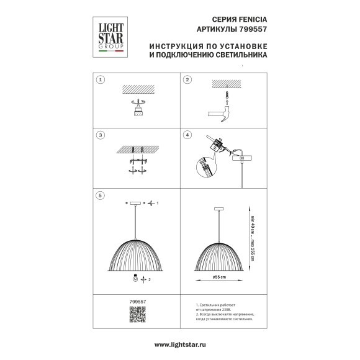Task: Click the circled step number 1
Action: [101, 81]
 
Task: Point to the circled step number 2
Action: [186, 81]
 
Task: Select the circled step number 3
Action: [101, 135]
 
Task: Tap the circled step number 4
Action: [186, 135]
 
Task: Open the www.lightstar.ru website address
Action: [180, 344]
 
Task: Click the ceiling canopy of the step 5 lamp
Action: [135, 203]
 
